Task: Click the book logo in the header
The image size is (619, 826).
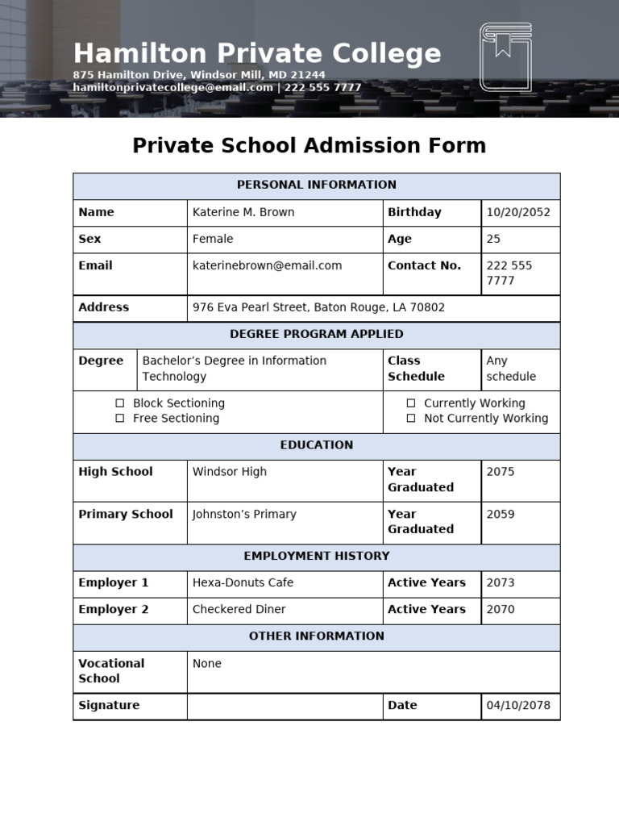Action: coord(505,56)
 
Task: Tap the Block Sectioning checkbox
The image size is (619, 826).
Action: coord(120,403)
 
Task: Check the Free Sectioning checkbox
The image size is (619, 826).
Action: coord(120,419)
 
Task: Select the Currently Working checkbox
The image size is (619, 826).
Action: coord(411,403)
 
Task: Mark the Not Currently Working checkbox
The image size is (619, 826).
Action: coord(411,419)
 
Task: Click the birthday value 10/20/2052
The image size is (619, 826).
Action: coord(518,213)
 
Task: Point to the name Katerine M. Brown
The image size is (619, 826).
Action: coord(243,213)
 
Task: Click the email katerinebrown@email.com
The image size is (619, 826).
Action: coord(267,265)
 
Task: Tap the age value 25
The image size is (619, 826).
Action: coord(493,240)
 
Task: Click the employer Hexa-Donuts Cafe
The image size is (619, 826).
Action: coord(243,583)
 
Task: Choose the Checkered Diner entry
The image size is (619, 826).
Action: coord(239,610)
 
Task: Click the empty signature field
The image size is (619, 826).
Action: coord(285,706)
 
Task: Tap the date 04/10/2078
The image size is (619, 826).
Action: coord(518,706)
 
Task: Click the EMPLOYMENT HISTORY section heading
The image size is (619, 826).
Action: coord(317,557)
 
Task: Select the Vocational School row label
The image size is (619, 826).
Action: coord(111,671)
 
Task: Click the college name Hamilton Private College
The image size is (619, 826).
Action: coord(257,54)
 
